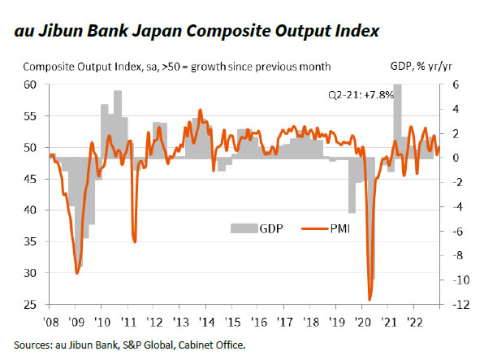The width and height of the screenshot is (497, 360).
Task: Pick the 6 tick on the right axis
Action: (456, 85)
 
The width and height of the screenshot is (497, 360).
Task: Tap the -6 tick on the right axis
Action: (456, 232)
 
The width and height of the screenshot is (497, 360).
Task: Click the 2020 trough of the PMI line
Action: (370, 300)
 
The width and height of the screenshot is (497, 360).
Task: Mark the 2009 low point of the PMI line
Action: (76, 273)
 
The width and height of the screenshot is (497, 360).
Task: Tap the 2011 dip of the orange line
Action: (134, 241)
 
